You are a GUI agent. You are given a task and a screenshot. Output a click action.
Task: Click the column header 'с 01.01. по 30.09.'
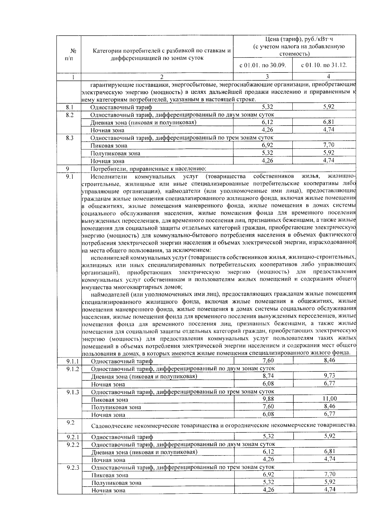point(263,66)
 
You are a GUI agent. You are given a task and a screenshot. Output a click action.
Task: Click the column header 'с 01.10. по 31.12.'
point(324,66)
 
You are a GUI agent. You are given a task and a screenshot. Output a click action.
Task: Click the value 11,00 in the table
point(329,399)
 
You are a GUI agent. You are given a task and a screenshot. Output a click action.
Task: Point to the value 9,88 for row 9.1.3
point(268,399)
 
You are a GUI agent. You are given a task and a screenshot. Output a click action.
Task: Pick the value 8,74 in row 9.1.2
point(268,376)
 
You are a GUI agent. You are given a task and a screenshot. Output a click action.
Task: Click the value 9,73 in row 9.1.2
point(329,376)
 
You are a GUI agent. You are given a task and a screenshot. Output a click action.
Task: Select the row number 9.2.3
point(73,468)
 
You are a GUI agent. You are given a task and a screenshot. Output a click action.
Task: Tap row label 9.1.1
point(73,361)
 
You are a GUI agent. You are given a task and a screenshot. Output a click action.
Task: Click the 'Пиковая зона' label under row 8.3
point(109,146)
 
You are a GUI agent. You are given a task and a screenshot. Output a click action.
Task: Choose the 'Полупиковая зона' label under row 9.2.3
point(116,483)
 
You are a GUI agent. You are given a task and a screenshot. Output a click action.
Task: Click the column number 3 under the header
point(267,77)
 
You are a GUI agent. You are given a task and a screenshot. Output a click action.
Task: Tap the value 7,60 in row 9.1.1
point(268,361)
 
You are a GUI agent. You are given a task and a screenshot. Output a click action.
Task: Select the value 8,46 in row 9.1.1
point(329,361)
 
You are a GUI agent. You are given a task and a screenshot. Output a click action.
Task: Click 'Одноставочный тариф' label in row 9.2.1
point(122,437)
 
